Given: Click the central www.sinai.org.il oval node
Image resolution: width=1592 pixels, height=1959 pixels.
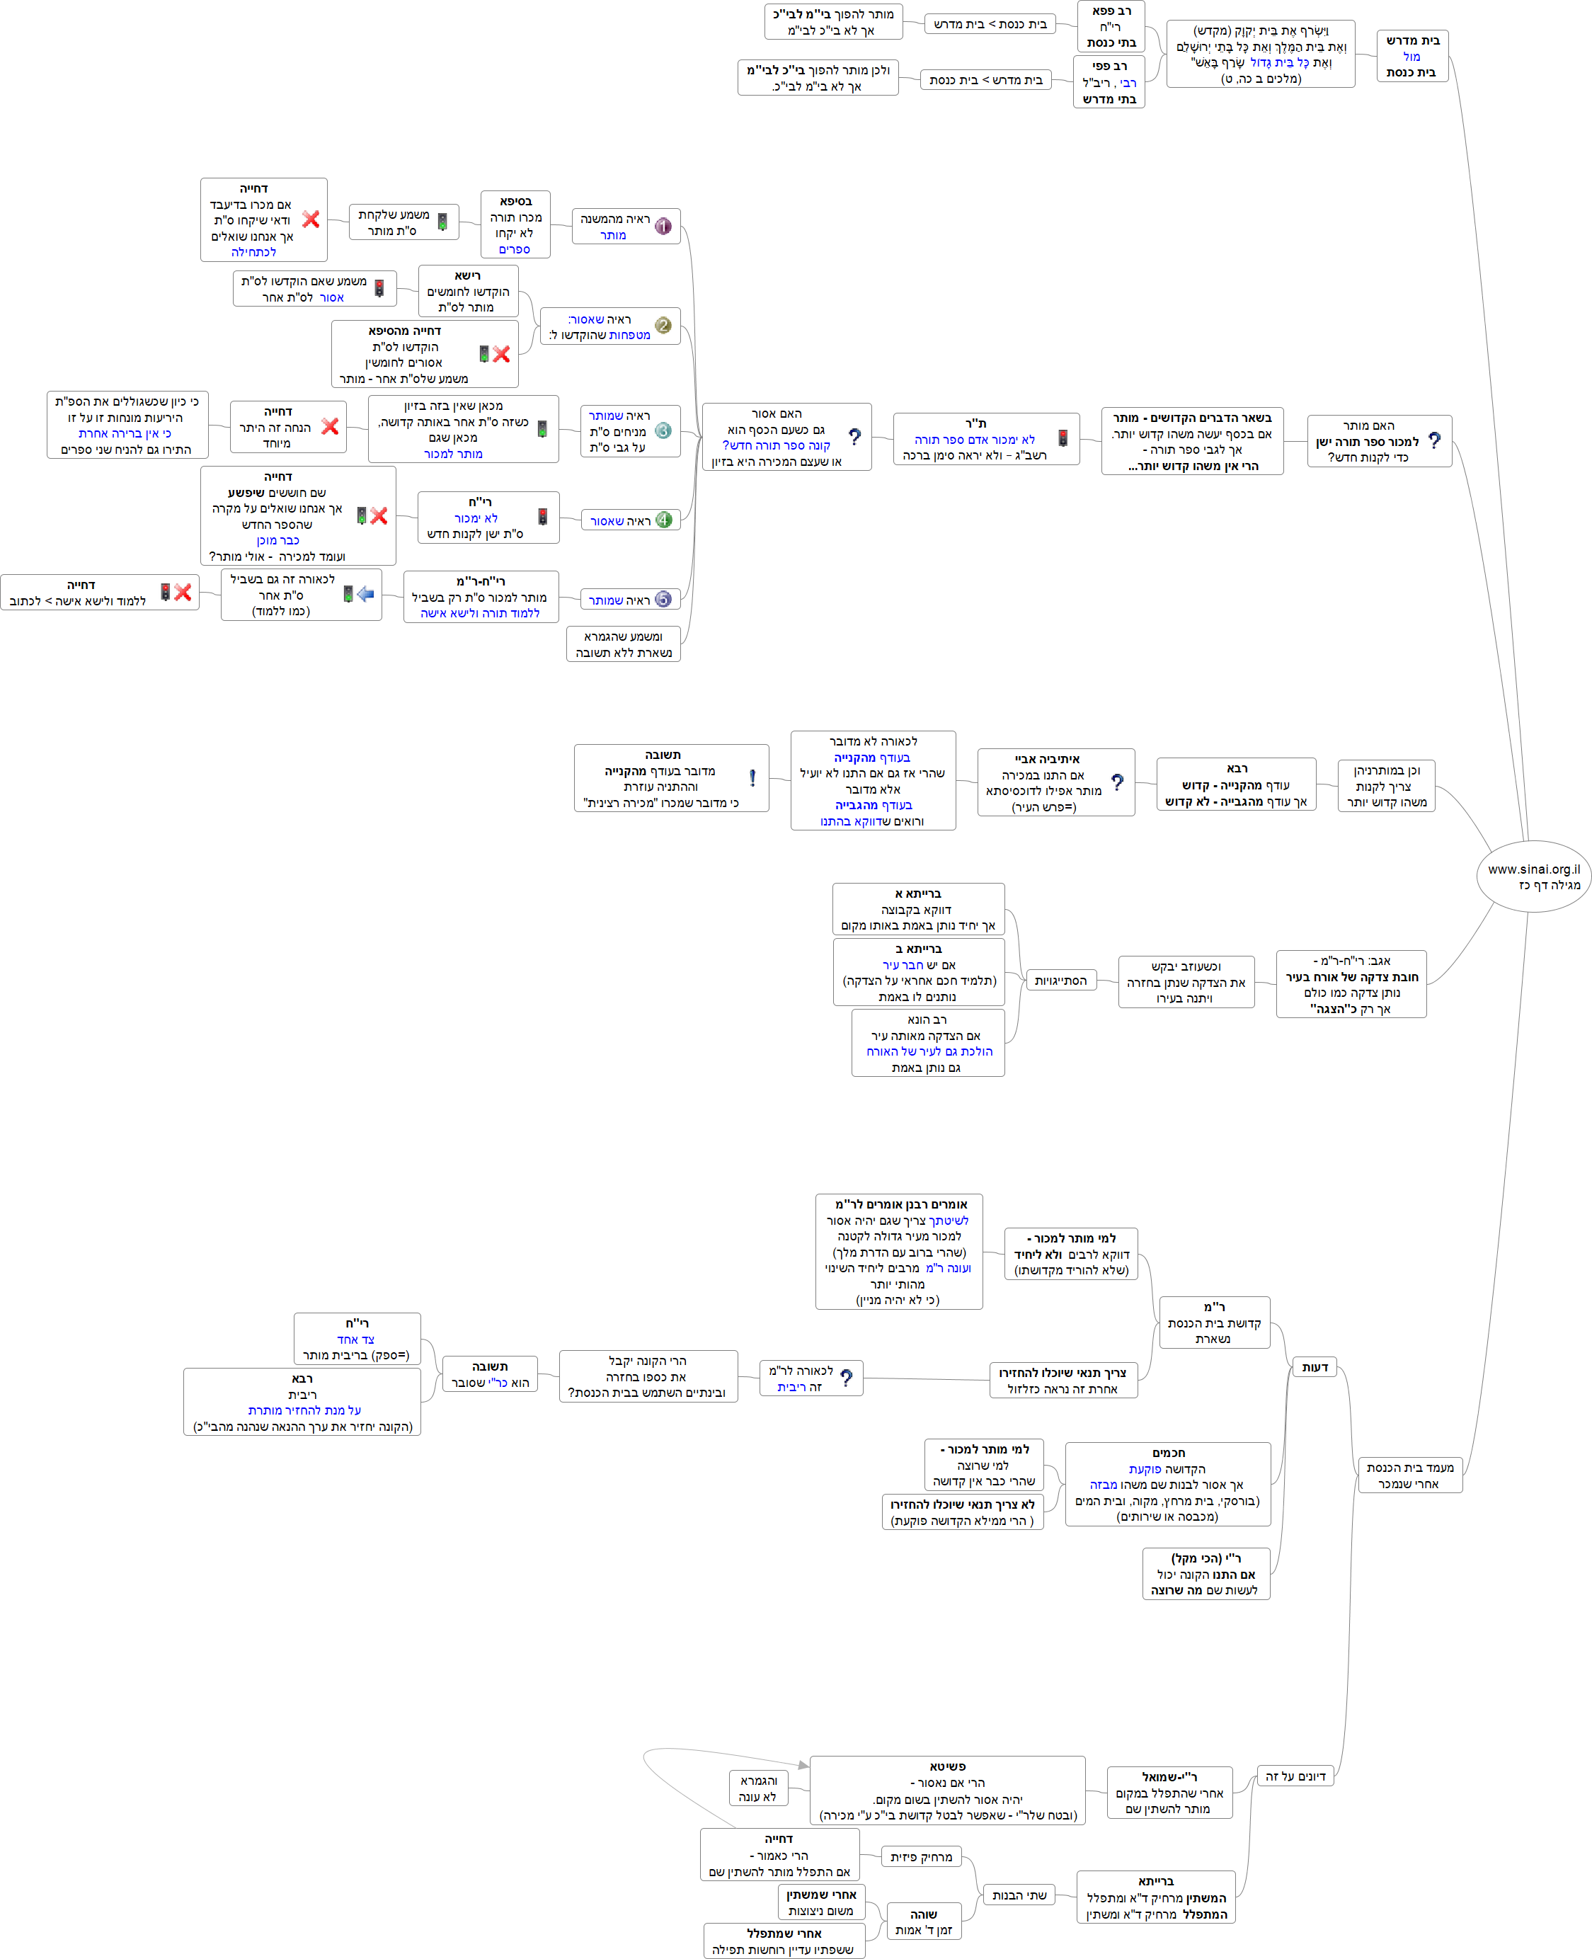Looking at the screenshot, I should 1533,876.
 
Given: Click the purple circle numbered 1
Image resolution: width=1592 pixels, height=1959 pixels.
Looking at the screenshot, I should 663,226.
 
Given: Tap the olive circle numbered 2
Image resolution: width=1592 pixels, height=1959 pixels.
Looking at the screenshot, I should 663,326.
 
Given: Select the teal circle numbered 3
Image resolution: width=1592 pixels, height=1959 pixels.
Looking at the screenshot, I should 663,431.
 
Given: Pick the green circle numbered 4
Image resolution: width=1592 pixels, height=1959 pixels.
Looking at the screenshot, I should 663,520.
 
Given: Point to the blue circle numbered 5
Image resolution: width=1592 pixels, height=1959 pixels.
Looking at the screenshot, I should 663,600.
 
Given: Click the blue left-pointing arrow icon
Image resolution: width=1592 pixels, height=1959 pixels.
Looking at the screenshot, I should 366,594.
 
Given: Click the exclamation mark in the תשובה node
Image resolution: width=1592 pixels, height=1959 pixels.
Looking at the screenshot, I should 752,778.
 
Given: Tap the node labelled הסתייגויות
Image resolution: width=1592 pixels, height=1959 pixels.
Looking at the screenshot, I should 1060,981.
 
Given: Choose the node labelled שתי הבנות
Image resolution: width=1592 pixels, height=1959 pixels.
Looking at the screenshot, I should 1019,1895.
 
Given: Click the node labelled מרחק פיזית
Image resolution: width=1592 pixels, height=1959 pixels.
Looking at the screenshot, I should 921,1857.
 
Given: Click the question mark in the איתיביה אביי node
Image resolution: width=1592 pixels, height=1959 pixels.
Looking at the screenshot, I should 1117,782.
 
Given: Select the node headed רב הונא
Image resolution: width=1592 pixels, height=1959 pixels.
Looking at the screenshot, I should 927,1043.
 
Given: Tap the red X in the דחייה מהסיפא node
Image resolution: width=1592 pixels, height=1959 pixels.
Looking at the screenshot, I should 500,354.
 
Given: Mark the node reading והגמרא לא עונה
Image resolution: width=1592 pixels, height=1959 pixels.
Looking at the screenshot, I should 757,1788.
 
